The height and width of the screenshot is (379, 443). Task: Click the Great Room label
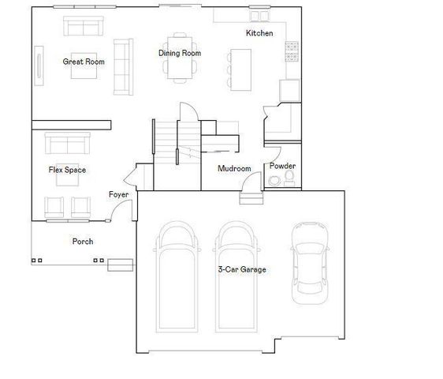click(84, 62)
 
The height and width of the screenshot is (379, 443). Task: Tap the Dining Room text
click(180, 54)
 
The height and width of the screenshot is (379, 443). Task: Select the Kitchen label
click(259, 33)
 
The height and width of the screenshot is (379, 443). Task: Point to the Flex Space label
click(67, 170)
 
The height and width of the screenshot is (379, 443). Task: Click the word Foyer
click(118, 194)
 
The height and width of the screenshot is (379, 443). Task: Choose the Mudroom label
click(234, 169)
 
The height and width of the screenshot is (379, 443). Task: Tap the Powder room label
click(282, 167)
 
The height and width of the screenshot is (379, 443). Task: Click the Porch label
click(84, 242)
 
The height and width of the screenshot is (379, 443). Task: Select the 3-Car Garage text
click(242, 270)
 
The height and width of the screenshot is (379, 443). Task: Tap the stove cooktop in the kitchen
click(292, 52)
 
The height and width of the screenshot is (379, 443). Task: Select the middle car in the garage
click(239, 280)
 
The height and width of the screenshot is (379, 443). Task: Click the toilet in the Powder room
click(273, 182)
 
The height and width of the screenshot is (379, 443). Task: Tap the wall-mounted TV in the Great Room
click(38, 62)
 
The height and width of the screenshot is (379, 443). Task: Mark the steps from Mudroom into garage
click(249, 197)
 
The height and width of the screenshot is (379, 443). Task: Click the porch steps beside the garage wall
click(121, 265)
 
